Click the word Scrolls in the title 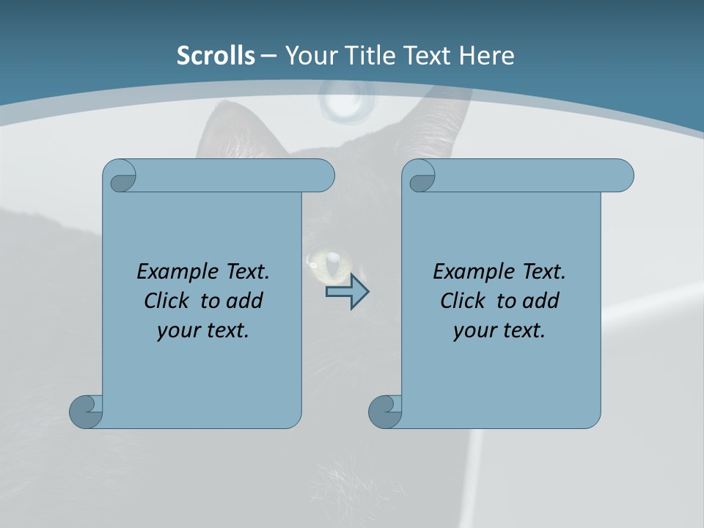tap(216, 56)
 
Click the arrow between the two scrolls tap(347, 292)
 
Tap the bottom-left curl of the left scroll tap(86, 411)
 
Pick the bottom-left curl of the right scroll tap(385, 411)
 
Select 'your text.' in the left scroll tap(203, 330)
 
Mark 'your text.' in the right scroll tap(499, 330)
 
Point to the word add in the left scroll tap(244, 301)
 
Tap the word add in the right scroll tap(540, 301)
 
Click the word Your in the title tap(304, 56)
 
